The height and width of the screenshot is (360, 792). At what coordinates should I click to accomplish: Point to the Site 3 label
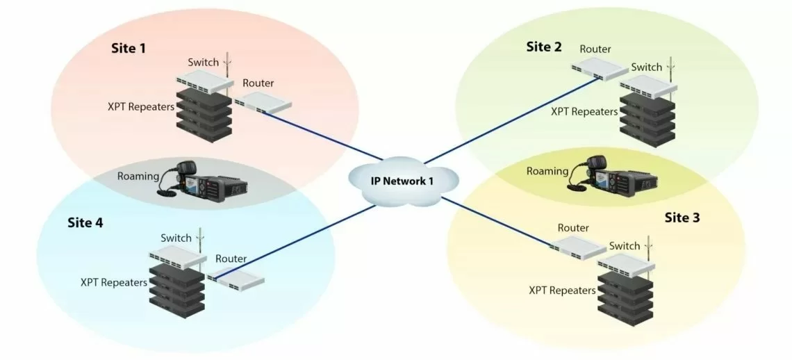tap(682, 218)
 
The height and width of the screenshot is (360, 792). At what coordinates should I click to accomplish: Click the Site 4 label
tap(85, 223)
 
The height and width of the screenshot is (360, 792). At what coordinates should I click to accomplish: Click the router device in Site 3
tap(577, 247)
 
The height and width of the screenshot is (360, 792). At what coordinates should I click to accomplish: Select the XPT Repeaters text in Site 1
tap(140, 108)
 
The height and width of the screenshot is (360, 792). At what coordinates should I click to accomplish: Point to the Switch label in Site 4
tap(176, 238)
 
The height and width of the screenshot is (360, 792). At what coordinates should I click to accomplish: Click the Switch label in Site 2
tap(646, 67)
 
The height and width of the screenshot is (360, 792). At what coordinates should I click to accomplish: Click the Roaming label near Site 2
tap(548, 171)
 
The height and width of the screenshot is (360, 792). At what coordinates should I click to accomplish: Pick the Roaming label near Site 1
tap(138, 176)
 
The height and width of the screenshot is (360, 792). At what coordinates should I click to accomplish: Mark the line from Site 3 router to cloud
tap(497, 222)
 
